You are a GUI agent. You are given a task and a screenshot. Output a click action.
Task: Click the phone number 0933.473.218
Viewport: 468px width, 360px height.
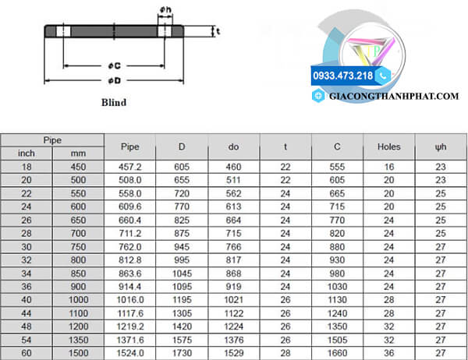(x=342, y=76)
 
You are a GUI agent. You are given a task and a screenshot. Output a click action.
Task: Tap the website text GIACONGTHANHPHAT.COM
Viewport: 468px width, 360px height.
(x=394, y=97)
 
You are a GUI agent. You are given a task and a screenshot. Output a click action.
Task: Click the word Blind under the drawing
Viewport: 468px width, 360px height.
(x=114, y=102)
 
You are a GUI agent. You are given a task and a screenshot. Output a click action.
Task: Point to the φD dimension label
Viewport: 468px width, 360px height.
(x=115, y=80)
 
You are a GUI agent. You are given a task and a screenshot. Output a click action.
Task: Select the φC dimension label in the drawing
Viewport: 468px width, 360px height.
(x=115, y=65)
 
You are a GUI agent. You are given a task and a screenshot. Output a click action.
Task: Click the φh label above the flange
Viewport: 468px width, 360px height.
(x=165, y=10)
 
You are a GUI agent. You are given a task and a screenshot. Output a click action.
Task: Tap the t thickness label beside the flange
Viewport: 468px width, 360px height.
(x=218, y=31)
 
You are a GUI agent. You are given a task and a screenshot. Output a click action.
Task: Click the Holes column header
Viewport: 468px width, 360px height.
(x=388, y=146)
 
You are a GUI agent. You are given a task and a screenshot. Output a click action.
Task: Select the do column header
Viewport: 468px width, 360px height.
(x=233, y=146)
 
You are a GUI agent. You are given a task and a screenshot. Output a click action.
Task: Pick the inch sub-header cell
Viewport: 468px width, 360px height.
(x=27, y=154)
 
